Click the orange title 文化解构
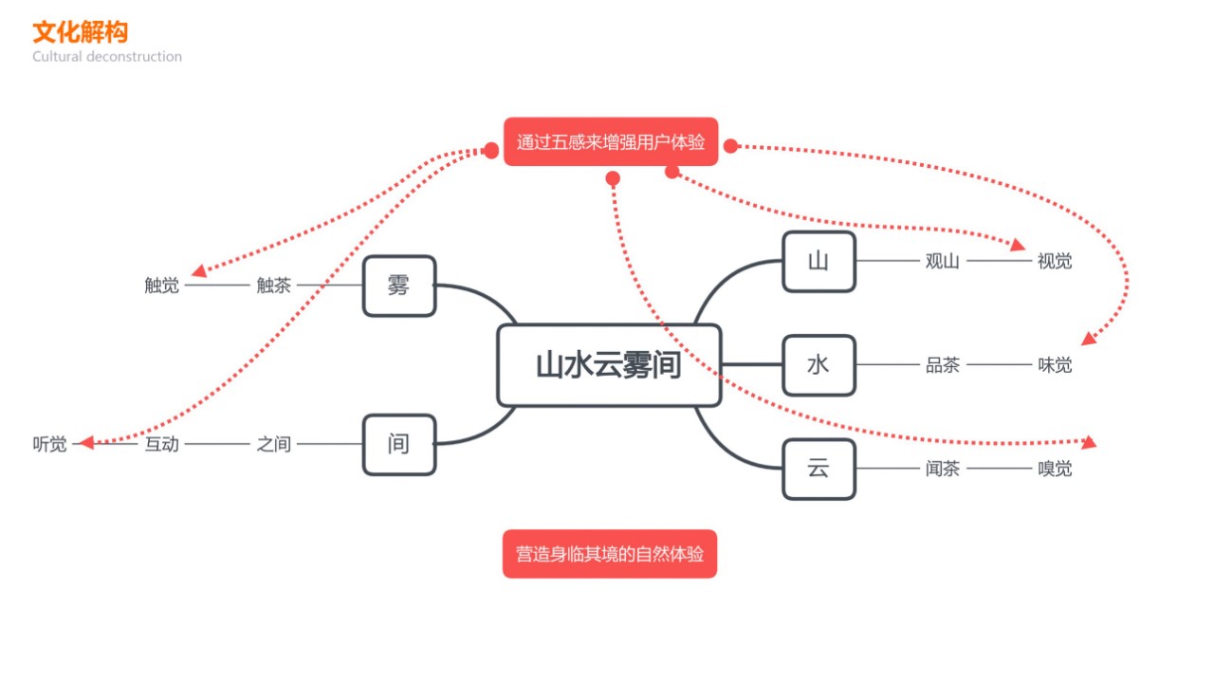[80, 32]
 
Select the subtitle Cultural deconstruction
[107, 57]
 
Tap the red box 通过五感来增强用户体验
[610, 142]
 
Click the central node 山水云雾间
[609, 365]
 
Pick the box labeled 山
[819, 261]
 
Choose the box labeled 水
[819, 365]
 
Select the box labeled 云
[819, 469]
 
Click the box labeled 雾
[399, 286]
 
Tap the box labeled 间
[399, 444]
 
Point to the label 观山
[942, 262]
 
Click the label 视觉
[1055, 262]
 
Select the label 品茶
[942, 365]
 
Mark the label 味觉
[1055, 365]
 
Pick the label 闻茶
[942, 469]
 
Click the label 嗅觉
[1055, 469]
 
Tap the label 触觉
[161, 286]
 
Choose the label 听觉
[49, 444]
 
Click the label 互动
[161, 444]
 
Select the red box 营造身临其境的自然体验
[610, 554]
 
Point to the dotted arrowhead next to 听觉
[85, 442]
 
